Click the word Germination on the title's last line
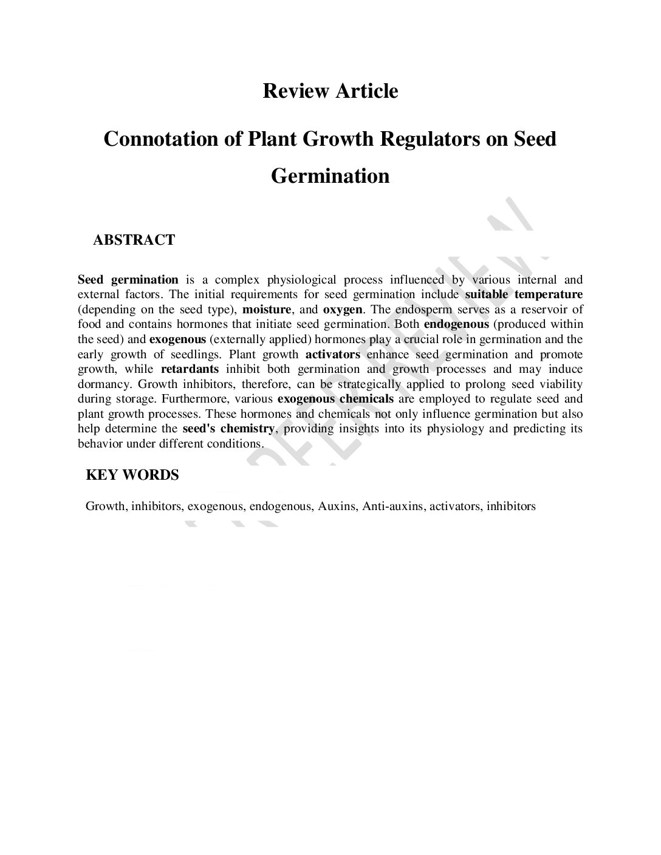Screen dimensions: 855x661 (x=330, y=176)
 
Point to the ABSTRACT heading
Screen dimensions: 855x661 (x=134, y=240)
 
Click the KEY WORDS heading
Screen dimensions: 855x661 (x=132, y=475)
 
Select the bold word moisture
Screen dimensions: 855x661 (x=267, y=309)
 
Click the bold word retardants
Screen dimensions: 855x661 (x=190, y=369)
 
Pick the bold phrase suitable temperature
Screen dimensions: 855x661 (x=524, y=295)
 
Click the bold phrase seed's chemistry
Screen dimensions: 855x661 (x=229, y=429)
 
